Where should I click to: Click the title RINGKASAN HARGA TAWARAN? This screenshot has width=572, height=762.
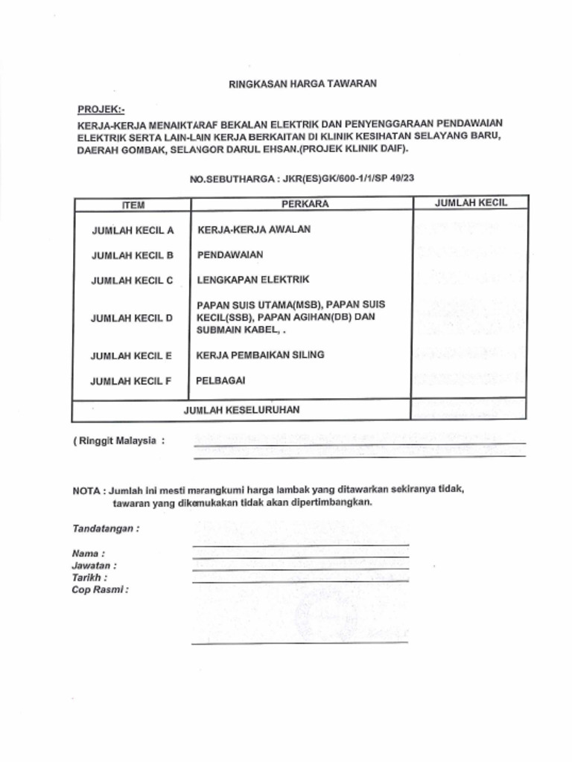[302, 84]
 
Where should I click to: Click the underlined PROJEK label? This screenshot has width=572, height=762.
[101, 109]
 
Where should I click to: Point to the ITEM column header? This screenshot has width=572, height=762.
[133, 205]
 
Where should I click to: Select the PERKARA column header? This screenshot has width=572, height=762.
[305, 204]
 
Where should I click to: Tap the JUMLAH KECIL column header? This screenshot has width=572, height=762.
[471, 202]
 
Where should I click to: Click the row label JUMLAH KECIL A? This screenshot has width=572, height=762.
[133, 231]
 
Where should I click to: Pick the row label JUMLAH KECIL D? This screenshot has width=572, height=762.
[132, 318]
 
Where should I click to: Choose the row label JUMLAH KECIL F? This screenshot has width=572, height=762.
[131, 382]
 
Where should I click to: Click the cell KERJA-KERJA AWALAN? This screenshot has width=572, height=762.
[254, 229]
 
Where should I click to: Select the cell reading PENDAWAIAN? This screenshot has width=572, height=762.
[230, 254]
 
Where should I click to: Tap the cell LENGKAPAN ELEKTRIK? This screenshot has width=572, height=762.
[252, 280]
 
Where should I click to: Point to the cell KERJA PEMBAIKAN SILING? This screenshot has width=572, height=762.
[260, 355]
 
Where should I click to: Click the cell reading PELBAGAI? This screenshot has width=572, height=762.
[220, 380]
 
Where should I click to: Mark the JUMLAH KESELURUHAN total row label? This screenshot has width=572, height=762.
[242, 410]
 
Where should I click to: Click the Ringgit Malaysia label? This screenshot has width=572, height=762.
[118, 441]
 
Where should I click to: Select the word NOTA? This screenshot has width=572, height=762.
[86, 491]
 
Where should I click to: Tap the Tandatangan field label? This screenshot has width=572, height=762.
[106, 529]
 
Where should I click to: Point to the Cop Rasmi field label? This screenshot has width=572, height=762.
[100, 589]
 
